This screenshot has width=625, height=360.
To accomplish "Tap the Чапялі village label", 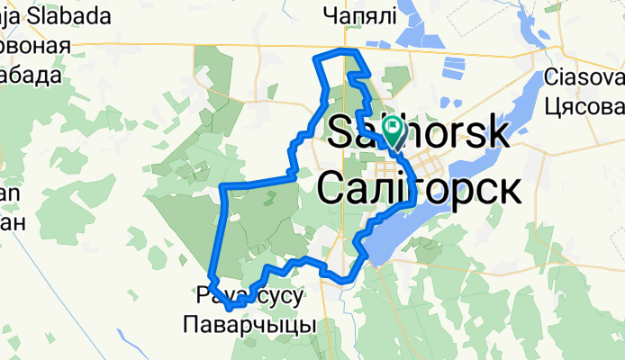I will (x=359, y=15).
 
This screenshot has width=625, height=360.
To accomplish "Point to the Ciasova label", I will (x=584, y=76).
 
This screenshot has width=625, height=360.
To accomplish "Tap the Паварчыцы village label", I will (x=249, y=324).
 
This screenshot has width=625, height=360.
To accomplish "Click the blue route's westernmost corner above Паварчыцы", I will (x=211, y=274).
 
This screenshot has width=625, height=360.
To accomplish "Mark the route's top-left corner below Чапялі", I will (x=314, y=58).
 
